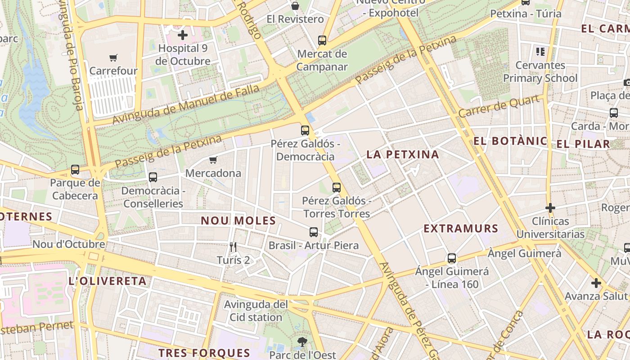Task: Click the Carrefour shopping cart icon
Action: point(113,58)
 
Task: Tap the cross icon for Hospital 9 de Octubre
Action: point(183,35)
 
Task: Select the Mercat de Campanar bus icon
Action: point(322,40)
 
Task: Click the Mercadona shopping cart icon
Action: point(213,160)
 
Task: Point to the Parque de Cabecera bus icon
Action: point(75,170)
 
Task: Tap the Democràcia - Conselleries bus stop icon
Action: point(153,177)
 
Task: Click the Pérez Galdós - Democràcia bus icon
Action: point(305,130)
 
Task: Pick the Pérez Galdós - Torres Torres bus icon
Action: point(337,188)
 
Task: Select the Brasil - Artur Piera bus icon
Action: point(314,232)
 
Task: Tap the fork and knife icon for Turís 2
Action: point(233,247)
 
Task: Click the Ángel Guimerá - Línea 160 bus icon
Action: point(452,258)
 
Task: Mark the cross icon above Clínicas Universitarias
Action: point(550,208)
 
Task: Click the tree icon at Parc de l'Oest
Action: point(302,342)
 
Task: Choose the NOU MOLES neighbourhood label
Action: point(238,221)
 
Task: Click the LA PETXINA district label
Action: point(402,155)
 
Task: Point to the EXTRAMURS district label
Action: point(461,229)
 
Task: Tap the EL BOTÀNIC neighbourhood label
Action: point(510,141)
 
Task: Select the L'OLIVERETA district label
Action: point(107,282)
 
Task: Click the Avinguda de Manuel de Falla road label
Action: point(186,105)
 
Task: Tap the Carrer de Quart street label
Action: point(499,106)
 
